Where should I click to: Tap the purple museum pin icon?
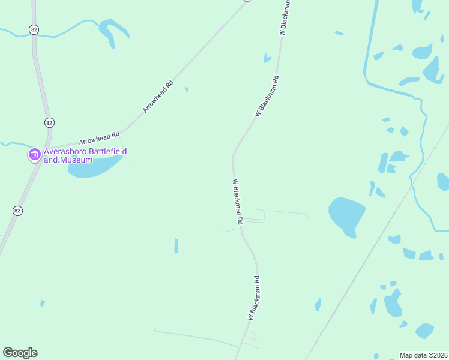(34, 155)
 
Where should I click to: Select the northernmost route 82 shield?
(34, 29)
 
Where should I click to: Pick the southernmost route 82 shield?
(17, 211)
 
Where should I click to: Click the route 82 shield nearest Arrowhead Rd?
(49, 122)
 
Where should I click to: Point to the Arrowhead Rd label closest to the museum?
(100, 137)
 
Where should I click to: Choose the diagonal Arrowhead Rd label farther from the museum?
(158, 97)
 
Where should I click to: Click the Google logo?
(20, 353)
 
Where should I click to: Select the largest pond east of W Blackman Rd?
(347, 215)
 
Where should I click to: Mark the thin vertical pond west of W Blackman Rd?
(176, 245)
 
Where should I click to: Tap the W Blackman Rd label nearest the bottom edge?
(254, 298)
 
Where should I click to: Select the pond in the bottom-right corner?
(425, 331)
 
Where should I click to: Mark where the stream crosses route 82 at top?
(34, 35)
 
